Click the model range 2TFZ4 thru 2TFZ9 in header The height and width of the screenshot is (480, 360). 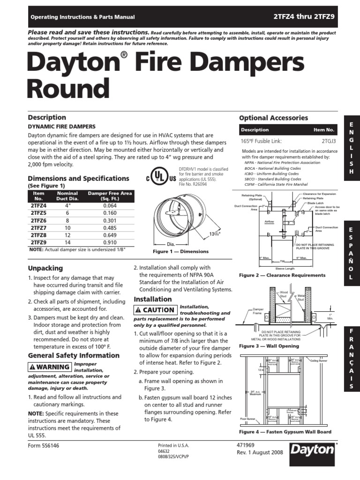coord(304,16)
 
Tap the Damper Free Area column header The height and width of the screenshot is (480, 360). coord(111,195)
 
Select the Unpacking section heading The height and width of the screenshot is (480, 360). coord(45,268)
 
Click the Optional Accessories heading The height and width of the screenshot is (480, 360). coord(273,118)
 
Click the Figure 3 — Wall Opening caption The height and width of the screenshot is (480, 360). coord(269,346)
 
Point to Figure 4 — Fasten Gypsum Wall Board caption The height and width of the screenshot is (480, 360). coord(285,432)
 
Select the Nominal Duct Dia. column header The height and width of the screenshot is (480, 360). coord(67,195)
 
